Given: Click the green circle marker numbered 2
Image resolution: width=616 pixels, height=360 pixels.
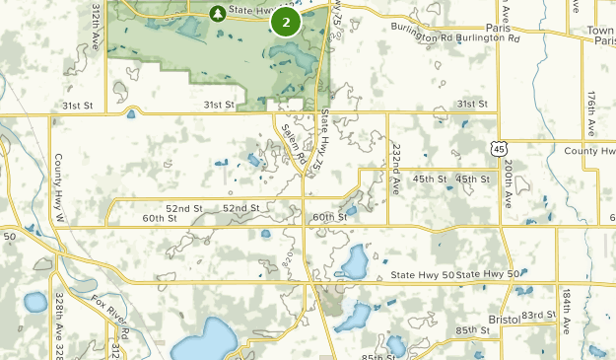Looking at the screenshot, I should (x=286, y=22).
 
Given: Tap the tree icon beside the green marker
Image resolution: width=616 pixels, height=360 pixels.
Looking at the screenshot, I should (x=217, y=13).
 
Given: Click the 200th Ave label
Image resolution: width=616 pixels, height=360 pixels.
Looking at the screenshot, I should (x=507, y=182).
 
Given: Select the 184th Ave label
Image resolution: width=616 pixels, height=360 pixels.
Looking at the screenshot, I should (x=565, y=312).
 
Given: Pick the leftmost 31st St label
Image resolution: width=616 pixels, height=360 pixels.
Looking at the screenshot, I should (x=77, y=105).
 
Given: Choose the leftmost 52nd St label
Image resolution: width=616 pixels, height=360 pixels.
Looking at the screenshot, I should (x=184, y=208).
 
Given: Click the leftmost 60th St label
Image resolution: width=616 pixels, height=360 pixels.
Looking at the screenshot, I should (x=157, y=218).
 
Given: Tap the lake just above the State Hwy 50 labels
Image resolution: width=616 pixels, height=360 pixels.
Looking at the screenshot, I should (x=353, y=261).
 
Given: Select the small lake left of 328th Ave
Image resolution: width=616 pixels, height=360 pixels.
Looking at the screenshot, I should (x=34, y=302).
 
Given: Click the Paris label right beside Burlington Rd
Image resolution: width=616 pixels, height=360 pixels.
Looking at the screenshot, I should (x=498, y=29).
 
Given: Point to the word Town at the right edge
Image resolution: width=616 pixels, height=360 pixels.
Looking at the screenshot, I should (x=600, y=31).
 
